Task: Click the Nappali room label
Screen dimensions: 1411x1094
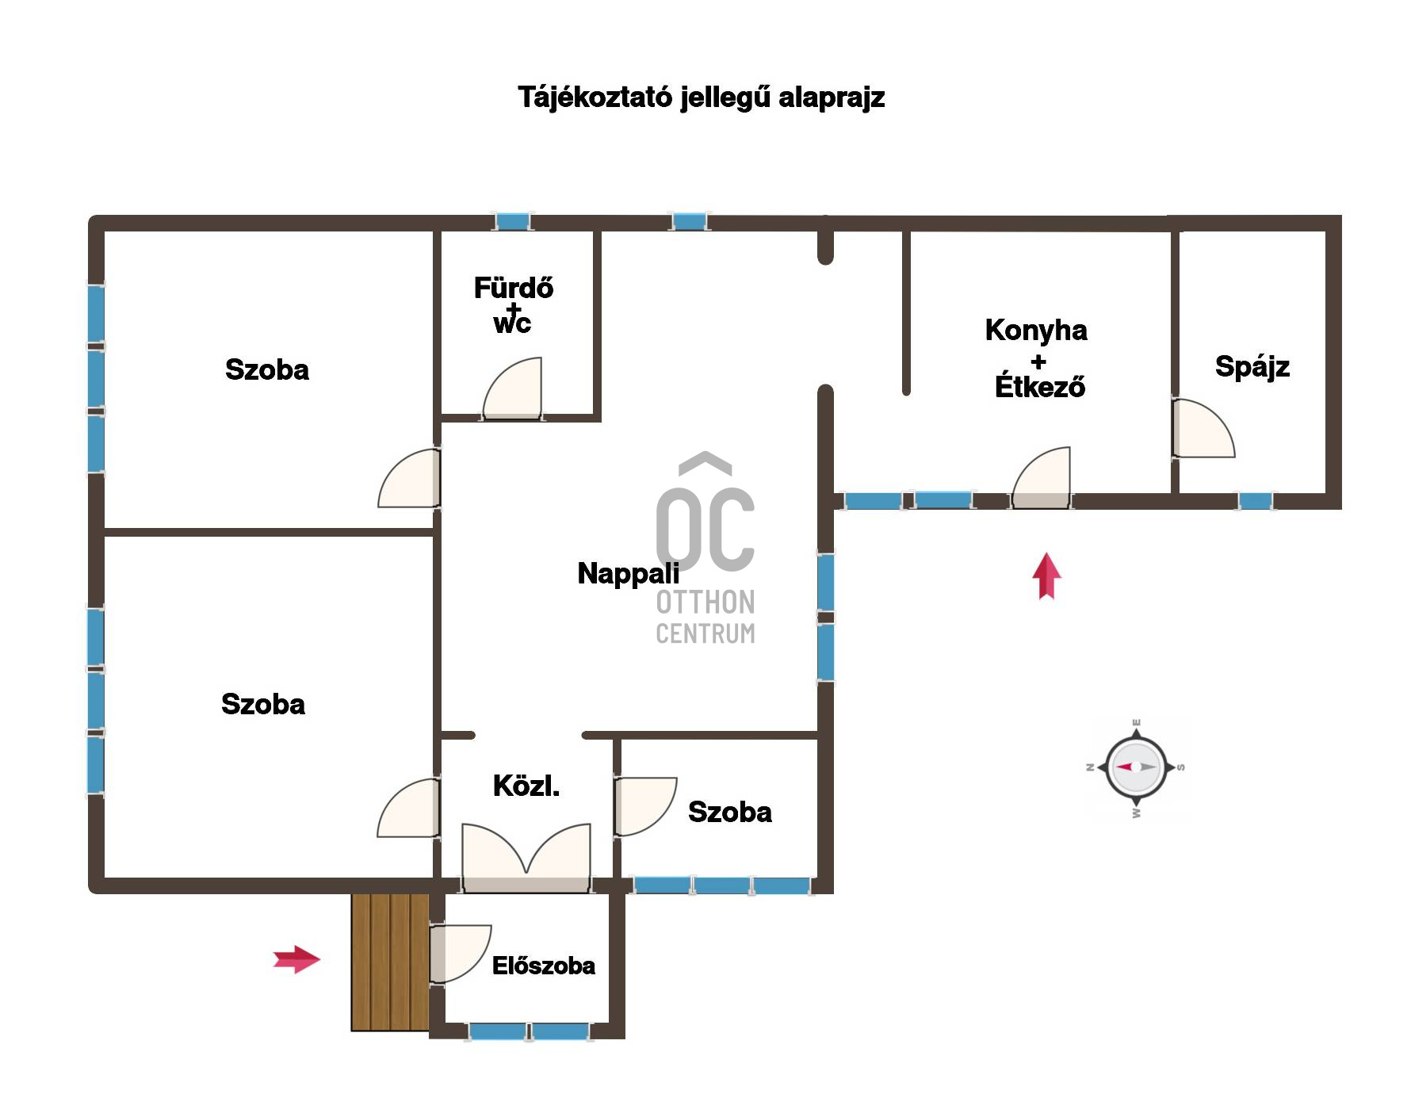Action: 628,573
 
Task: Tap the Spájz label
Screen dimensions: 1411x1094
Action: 1252,367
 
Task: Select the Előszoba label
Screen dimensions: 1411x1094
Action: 544,966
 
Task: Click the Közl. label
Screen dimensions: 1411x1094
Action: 526,786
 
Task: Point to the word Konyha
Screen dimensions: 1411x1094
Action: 1036,330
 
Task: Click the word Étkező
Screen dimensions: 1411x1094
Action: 1040,386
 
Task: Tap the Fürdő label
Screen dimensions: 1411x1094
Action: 514,287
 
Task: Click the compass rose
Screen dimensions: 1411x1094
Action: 1136,767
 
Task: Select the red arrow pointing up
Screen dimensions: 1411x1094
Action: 1046,576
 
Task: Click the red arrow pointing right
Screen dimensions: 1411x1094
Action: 296,959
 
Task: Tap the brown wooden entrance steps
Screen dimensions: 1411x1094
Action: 390,962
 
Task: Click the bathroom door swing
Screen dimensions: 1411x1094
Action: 512,388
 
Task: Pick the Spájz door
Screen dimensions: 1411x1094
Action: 1203,428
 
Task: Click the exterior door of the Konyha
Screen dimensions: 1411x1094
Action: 1041,477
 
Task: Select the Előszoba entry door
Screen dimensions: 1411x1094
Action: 460,954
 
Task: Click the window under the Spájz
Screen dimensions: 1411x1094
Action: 1256,501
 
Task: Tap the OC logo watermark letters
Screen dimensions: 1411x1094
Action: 705,528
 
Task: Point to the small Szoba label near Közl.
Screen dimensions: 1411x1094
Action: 730,812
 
